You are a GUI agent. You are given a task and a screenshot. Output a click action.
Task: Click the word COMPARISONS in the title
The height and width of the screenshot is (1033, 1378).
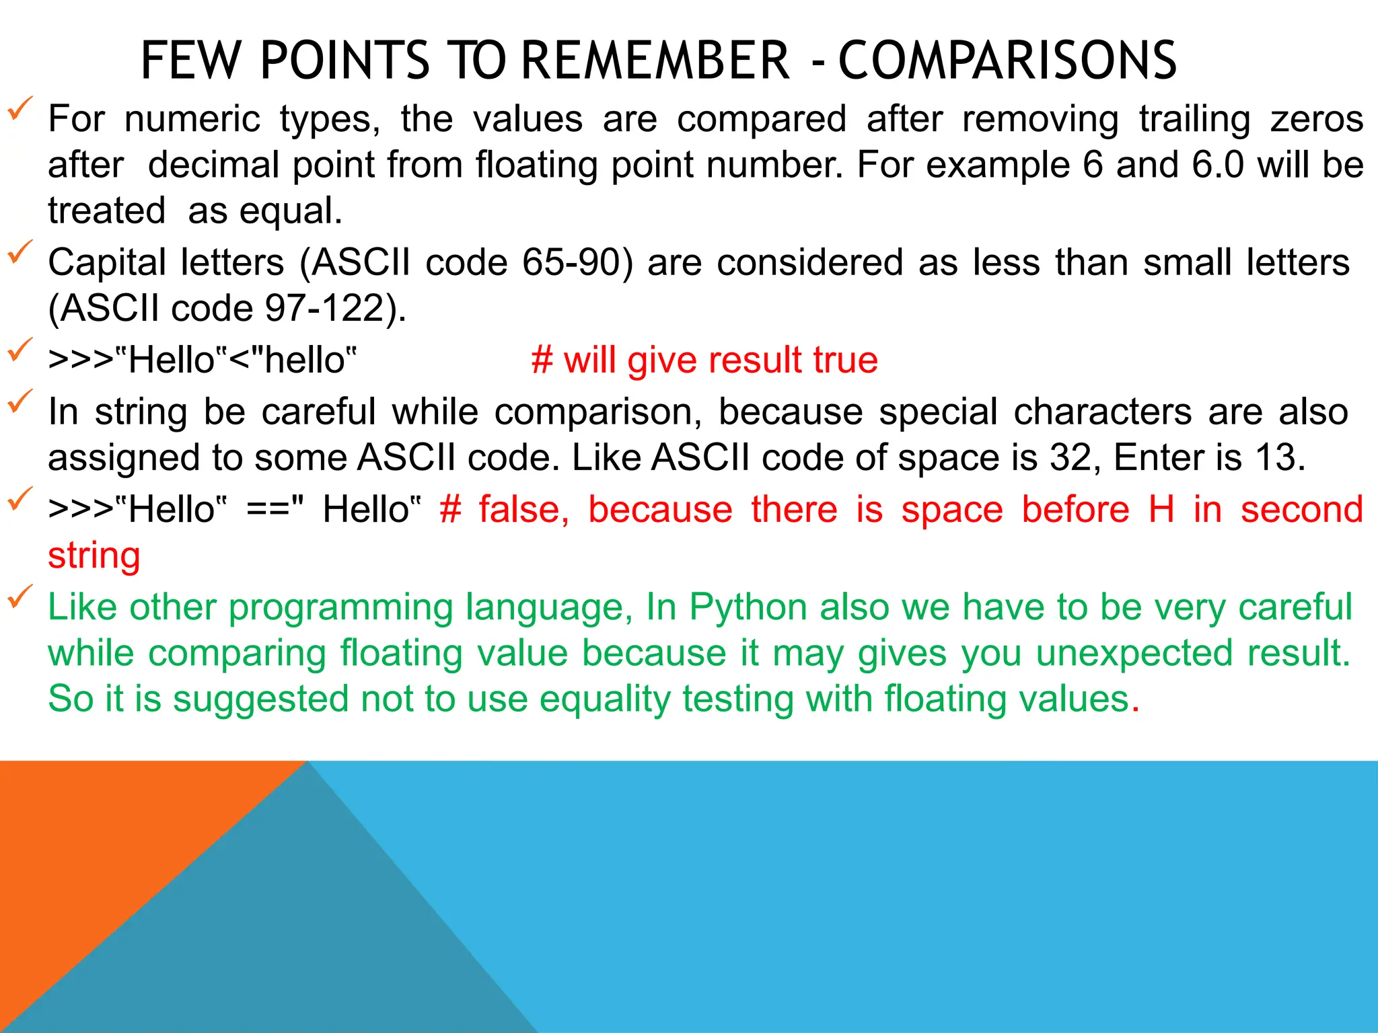click(1007, 61)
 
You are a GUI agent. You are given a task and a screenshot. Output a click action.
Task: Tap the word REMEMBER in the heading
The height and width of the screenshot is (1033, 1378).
click(655, 61)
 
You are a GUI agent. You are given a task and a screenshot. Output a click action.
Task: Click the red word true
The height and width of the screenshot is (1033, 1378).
click(845, 360)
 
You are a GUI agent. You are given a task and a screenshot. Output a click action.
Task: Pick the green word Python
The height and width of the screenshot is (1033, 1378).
click(748, 607)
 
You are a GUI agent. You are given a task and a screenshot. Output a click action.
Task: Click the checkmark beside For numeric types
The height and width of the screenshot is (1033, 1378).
click(20, 108)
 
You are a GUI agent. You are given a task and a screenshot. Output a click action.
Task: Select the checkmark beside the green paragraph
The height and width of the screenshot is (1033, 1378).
click(20, 597)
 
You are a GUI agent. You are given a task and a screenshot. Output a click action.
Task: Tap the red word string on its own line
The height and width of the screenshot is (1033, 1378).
click(94, 556)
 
